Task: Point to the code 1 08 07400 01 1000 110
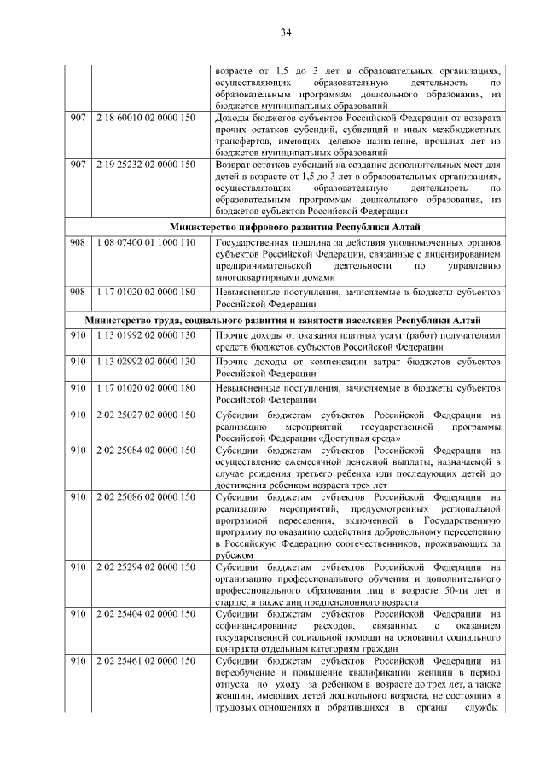click(x=146, y=243)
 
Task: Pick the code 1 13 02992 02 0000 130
click(x=146, y=362)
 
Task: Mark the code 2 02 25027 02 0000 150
click(x=146, y=415)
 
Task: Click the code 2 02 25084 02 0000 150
click(x=146, y=449)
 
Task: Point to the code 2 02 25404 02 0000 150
click(x=146, y=613)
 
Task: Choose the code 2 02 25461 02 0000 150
click(x=146, y=660)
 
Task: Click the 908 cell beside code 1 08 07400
click(x=78, y=243)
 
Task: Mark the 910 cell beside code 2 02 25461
click(x=78, y=660)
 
